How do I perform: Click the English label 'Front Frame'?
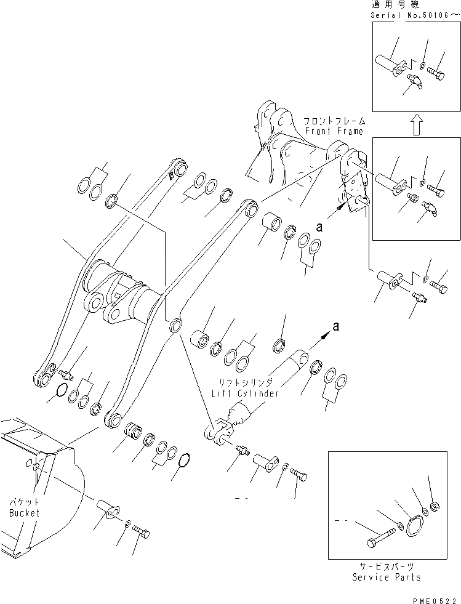point(334,131)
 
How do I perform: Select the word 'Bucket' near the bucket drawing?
point(25,512)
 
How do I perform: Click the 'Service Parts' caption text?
point(387,577)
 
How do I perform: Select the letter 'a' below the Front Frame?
point(318,227)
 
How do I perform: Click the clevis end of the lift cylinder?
point(218,431)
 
